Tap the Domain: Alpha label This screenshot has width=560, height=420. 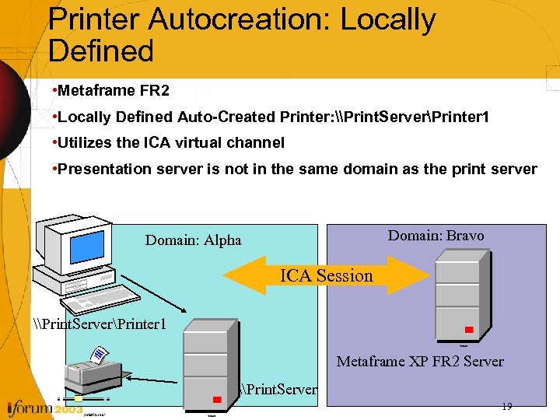[193, 240]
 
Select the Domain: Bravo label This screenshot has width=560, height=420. [436, 236]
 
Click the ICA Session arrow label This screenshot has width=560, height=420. [327, 275]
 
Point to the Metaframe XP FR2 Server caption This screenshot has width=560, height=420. [420, 362]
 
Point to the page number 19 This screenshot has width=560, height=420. [506, 406]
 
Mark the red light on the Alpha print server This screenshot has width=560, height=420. [218, 400]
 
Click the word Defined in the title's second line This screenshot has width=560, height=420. [101, 51]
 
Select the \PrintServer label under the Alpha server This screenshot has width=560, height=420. [279, 388]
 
